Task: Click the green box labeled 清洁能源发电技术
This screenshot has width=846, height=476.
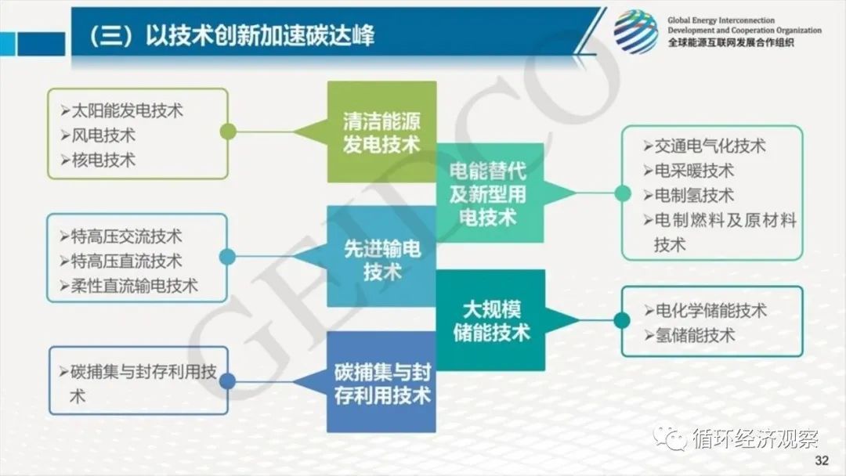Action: pyautogui.click(x=382, y=132)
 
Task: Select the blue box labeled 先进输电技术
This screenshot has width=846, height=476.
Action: pyautogui.click(x=382, y=257)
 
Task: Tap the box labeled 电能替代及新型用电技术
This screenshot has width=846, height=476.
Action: pyautogui.click(x=490, y=193)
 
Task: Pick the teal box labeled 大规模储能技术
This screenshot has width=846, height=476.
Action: pyautogui.click(x=490, y=320)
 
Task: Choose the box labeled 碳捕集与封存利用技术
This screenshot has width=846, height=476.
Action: pyautogui.click(x=382, y=382)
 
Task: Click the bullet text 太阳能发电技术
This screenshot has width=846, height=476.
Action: pyautogui.click(x=128, y=110)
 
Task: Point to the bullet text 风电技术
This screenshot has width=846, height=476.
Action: pyautogui.click(x=103, y=135)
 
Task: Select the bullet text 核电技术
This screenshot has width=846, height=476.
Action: pyautogui.click(x=103, y=160)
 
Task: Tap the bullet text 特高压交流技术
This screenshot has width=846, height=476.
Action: pyautogui.click(x=127, y=236)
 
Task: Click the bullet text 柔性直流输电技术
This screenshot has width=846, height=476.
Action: pyautogui.click(x=135, y=286)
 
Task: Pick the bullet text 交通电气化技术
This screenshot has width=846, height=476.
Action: pyautogui.click(x=710, y=146)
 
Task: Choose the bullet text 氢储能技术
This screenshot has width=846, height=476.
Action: pyautogui.click(x=695, y=335)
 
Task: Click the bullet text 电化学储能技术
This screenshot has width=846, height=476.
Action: pyautogui.click(x=711, y=311)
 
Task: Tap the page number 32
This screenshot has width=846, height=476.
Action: pyautogui.click(x=822, y=460)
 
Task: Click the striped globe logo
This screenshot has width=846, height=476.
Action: pyautogui.click(x=636, y=32)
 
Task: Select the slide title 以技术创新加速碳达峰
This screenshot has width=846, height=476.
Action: pyautogui.click(x=259, y=35)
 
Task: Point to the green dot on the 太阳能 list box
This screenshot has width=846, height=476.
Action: pyautogui.click(x=228, y=132)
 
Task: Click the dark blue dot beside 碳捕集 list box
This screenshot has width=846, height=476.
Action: pyautogui.click(x=227, y=381)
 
